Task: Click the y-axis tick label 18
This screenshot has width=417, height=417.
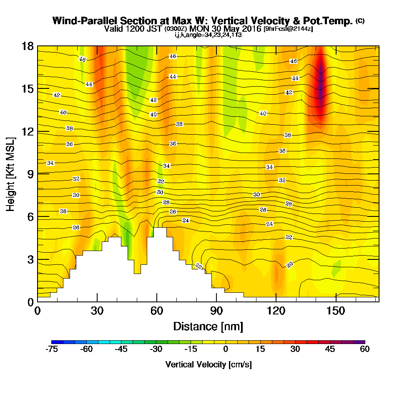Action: coord(28,46)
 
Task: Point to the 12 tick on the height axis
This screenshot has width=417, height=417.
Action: coord(28,131)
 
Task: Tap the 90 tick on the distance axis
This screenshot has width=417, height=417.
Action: coord(216,311)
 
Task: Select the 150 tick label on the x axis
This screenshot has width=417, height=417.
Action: coord(336,311)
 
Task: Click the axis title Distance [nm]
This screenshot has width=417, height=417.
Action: coord(208,326)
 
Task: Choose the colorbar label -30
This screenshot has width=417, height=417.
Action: coord(156,349)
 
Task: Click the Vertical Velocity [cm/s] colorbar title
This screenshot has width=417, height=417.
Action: coord(208,364)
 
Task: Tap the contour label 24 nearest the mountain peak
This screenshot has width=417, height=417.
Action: coord(186,220)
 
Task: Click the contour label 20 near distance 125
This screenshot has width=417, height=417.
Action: coord(290,264)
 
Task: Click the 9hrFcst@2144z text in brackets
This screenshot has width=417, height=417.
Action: coord(288,29)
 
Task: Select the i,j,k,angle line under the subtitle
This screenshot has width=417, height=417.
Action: coord(208,35)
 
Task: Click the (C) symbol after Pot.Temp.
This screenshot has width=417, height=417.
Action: coord(360,21)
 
